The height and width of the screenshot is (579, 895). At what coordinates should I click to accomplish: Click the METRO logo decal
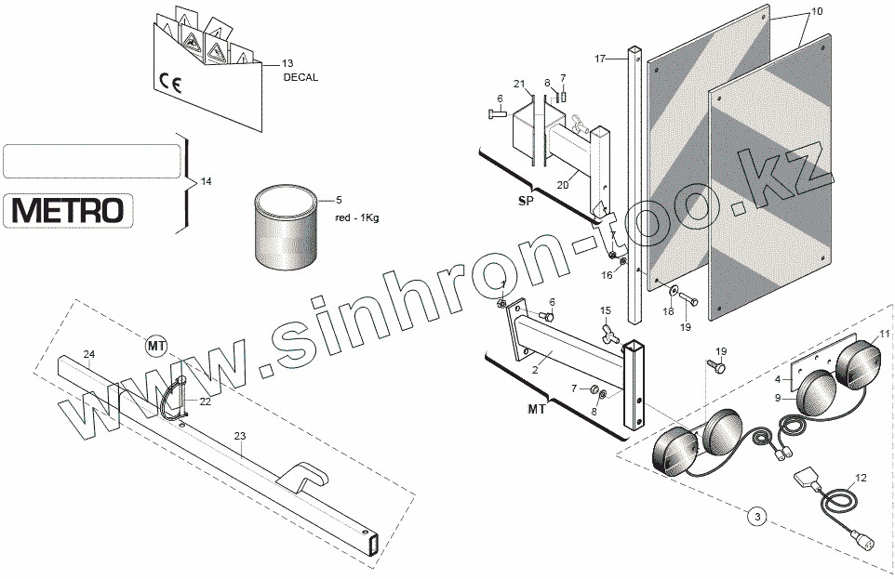[x=67, y=211]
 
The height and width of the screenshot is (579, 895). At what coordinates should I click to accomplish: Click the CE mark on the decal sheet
[x=170, y=85]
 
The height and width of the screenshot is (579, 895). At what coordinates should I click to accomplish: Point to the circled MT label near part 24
[x=156, y=347]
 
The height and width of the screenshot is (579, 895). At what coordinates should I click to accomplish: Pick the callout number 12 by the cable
[x=860, y=478]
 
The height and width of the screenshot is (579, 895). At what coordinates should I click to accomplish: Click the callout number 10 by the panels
[x=817, y=12]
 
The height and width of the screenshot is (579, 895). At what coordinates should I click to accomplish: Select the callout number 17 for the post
[x=601, y=59]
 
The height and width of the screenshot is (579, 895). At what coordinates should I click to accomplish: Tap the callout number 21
[x=519, y=85]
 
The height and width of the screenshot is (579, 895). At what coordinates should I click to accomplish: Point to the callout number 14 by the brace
[x=206, y=181]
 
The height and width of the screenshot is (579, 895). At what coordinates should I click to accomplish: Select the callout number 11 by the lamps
[x=884, y=333]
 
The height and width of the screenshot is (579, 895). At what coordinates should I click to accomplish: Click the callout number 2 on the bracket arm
[x=534, y=369]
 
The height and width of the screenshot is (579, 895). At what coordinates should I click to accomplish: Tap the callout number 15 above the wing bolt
[x=605, y=309]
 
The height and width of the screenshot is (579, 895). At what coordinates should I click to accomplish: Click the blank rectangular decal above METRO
[x=92, y=161]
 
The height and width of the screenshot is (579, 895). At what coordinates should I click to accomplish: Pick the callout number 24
[x=88, y=354]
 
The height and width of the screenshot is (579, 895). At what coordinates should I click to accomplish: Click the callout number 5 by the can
[x=339, y=200]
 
